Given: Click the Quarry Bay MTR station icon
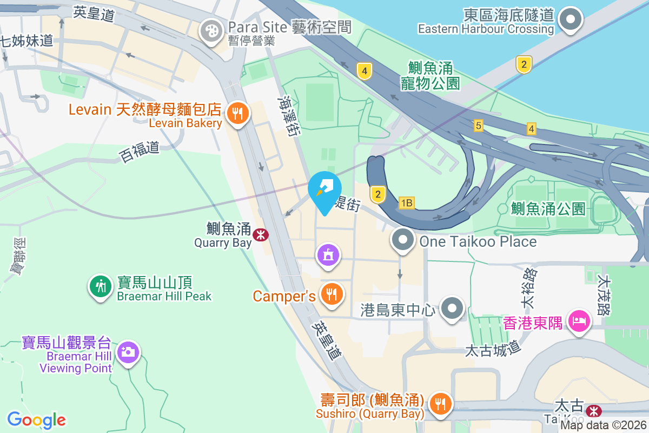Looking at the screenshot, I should (x=262, y=234).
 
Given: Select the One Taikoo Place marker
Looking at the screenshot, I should (x=402, y=240).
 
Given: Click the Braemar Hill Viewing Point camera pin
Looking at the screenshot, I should (x=128, y=352).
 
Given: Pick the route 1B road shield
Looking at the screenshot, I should (x=406, y=203).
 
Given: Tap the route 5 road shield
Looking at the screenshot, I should (x=478, y=126).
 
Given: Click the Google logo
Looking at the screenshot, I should (x=36, y=419).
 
